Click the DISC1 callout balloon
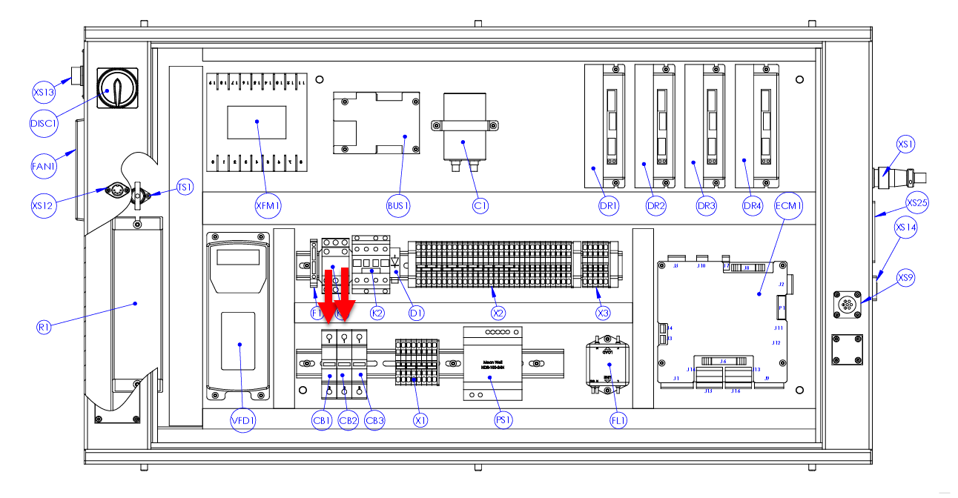tap(44, 123)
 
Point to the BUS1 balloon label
tap(398, 206)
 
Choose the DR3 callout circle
tap(705, 207)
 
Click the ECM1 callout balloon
tap(788, 206)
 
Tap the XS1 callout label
tap(905, 144)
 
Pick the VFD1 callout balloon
tap(242, 420)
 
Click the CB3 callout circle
tap(374, 420)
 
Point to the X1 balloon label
tap(420, 420)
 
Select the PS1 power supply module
tap(491, 363)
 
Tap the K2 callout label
tap(377, 313)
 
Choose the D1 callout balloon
tap(417, 313)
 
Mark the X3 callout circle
tap(603, 313)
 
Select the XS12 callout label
tap(44, 205)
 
